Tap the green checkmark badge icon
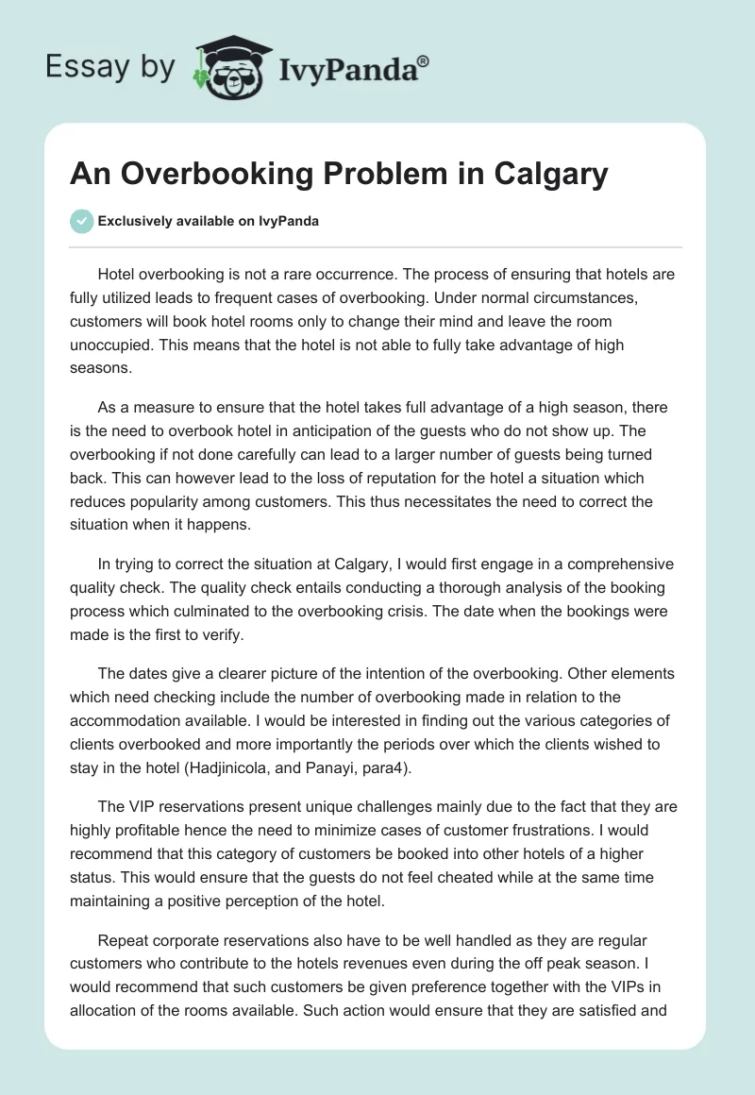[81, 221]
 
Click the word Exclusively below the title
[135, 222]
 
